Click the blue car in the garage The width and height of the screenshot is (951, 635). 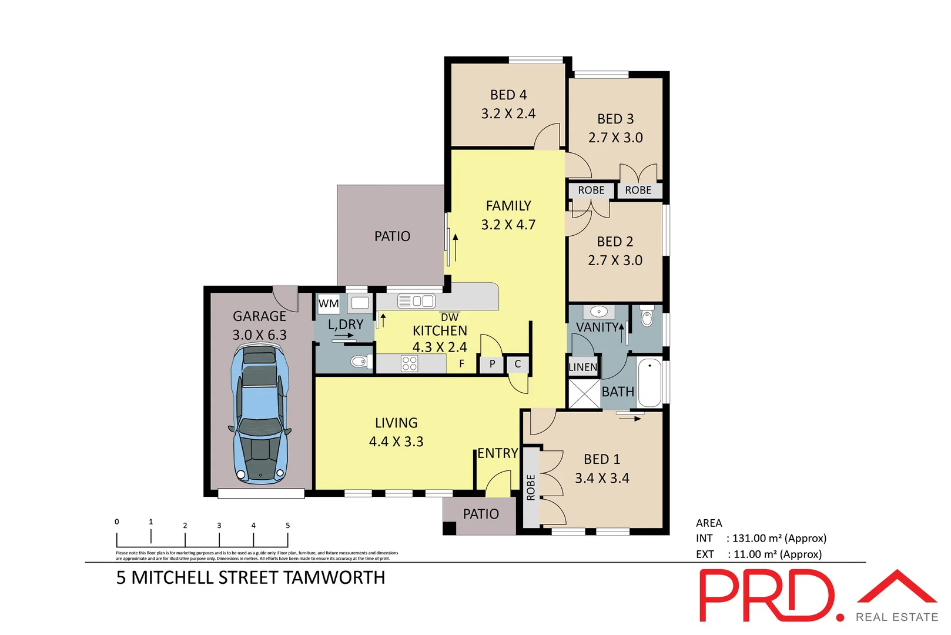260,415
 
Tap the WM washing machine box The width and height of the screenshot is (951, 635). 329,303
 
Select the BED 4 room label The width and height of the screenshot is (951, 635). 508,95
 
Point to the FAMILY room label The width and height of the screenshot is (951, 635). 508,206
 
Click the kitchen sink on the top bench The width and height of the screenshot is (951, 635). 416,301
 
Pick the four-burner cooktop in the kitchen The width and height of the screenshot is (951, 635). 409,363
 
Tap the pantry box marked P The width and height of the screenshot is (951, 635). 492,364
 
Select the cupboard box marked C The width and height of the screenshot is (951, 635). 518,364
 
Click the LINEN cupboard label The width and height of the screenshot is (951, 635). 582,367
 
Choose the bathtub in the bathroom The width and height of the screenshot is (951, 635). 649,382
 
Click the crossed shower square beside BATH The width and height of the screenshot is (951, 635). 584,393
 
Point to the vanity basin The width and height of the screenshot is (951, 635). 599,312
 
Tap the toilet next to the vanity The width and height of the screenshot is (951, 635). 647,317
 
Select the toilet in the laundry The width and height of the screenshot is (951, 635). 359,361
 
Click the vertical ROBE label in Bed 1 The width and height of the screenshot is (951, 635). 531,487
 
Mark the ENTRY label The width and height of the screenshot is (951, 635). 497,453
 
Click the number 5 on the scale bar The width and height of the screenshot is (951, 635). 287,525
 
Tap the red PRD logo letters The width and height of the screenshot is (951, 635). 767,595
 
